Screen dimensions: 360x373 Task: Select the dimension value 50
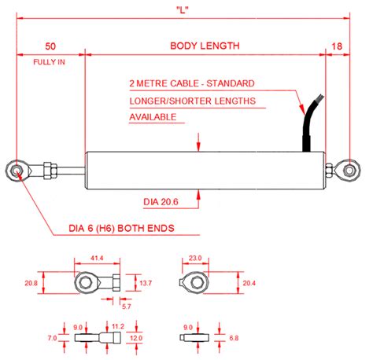[x=50, y=46]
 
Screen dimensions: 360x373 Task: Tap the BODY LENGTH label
[x=205, y=46]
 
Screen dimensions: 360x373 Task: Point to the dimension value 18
[x=337, y=46]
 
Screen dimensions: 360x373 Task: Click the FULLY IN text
[x=50, y=61]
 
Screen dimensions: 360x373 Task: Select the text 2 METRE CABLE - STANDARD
[x=191, y=83]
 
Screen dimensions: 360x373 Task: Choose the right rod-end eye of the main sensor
[x=347, y=168]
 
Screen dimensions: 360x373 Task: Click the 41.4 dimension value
[x=97, y=257]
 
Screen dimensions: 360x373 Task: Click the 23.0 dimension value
[x=195, y=257]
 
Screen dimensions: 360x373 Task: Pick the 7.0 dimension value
[x=52, y=337]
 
